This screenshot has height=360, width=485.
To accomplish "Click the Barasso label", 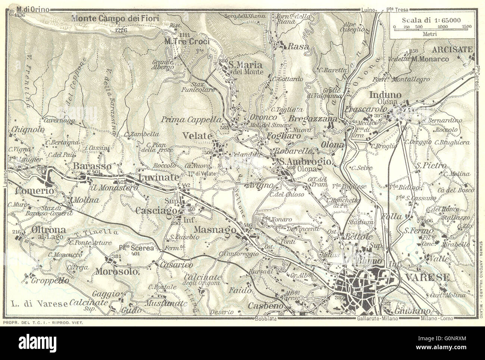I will click(x=87, y=165).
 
